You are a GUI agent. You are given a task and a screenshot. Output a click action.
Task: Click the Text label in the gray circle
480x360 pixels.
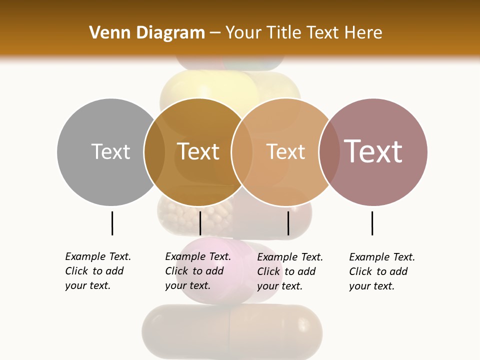coord(110,151)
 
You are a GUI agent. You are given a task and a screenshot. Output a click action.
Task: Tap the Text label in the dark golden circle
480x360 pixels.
coord(198,151)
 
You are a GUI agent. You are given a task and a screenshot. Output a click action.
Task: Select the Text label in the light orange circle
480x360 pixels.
coord(285,151)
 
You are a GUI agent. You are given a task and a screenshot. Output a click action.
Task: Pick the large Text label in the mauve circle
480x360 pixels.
coord(373,151)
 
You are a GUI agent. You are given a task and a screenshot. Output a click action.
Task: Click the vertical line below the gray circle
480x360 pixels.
coord(112,223)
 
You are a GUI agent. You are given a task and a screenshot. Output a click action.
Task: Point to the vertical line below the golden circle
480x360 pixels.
coord(200,223)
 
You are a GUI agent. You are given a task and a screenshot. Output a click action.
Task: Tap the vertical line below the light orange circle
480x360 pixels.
coord(288,223)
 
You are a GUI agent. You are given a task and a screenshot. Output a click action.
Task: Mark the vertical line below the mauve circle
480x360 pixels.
coord(372,223)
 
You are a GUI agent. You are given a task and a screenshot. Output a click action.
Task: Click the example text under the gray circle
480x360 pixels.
coord(98,271)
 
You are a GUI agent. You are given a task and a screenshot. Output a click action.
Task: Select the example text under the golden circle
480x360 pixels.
coord(198,271)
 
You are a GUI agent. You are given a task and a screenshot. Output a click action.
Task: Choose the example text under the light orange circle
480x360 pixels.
coord(290,271)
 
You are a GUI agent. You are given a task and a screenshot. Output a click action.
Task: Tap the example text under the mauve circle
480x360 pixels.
coord(382,271)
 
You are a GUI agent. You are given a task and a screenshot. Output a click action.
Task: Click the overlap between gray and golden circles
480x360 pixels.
coord(154,151)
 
